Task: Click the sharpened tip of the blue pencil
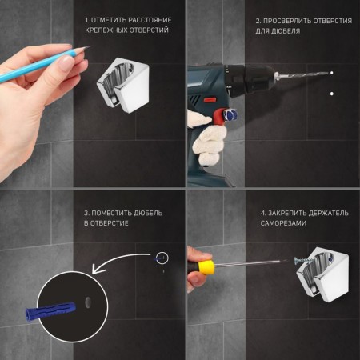pyautogui.click(x=90, y=46)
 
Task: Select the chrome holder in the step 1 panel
pyautogui.click(x=123, y=85)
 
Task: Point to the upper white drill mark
pyautogui.click(x=332, y=73)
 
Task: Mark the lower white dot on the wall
pyautogui.click(x=332, y=94)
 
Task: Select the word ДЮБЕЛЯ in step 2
pyautogui.click(x=286, y=31)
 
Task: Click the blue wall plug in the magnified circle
pyautogui.click(x=50, y=311)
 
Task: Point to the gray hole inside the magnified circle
pyautogui.click(x=88, y=302)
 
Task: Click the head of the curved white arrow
pyautogui.click(x=95, y=269)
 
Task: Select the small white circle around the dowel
pyautogui.click(x=162, y=258)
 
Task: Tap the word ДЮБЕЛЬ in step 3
pyautogui.click(x=148, y=213)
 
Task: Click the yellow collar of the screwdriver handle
pyautogui.click(x=206, y=267)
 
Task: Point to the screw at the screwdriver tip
pyautogui.click(x=302, y=261)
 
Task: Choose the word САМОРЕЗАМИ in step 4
pyautogui.click(x=283, y=223)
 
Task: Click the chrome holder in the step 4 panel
pyautogui.click(x=322, y=274)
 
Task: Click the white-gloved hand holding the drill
pyautogui.click(x=209, y=138)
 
